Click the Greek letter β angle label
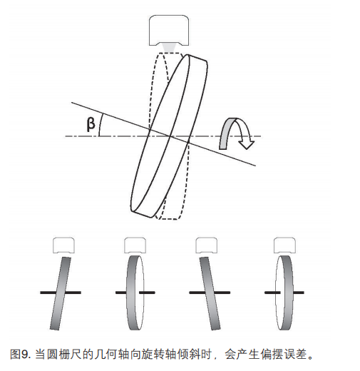(x=91, y=124)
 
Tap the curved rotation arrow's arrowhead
(x=247, y=143)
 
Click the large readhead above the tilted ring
(x=169, y=30)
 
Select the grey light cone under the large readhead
(x=169, y=48)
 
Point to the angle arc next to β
(x=101, y=125)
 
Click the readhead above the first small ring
(x=63, y=245)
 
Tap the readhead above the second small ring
(x=135, y=245)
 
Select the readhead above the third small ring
(x=206, y=245)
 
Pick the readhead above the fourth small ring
(x=284, y=245)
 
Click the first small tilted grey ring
(x=61, y=293)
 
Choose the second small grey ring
(x=135, y=293)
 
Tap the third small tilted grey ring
(x=210, y=293)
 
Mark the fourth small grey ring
(x=284, y=293)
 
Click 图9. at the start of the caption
(x=21, y=354)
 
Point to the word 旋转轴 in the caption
(x=158, y=354)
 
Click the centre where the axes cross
(x=170, y=136)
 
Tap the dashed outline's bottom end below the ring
(x=169, y=219)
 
